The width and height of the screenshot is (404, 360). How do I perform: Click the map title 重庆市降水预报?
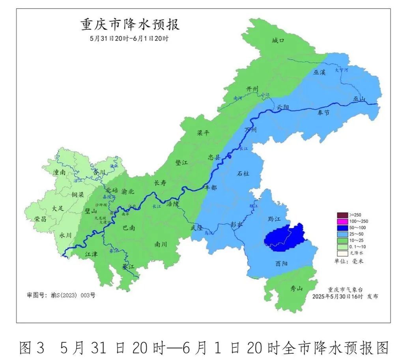click(130, 24)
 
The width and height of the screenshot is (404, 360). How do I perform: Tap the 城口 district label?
click(278, 40)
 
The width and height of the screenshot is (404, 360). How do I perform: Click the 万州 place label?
click(251, 130)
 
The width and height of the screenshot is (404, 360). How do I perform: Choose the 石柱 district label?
click(243, 173)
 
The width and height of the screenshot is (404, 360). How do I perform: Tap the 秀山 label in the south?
click(296, 289)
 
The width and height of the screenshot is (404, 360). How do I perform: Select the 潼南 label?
click(60, 172)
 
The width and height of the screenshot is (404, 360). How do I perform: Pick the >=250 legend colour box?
click(342, 215)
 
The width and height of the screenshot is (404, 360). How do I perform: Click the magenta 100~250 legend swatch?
click(342, 221)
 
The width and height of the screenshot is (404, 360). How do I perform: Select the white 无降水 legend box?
click(342, 253)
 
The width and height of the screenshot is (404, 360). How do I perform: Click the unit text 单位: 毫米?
click(347, 261)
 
